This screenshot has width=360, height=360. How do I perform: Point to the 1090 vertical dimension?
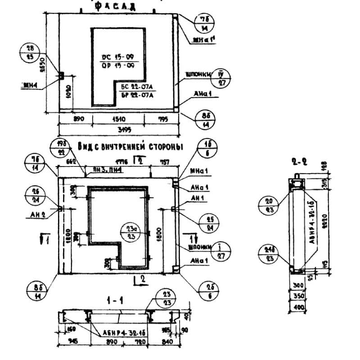[68, 92]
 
